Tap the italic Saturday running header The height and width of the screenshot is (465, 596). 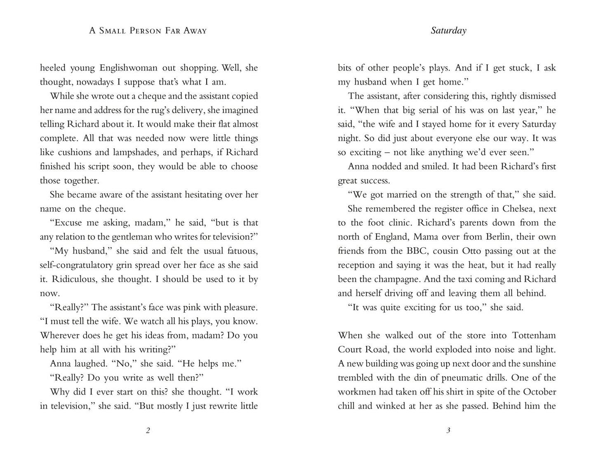[448, 31]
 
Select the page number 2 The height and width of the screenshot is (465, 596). [148, 431]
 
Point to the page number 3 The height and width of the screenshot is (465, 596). [448, 431]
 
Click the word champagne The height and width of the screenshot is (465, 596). [398, 279]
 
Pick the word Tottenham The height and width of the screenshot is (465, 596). [534, 335]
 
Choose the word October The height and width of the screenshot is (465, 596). [539, 392]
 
